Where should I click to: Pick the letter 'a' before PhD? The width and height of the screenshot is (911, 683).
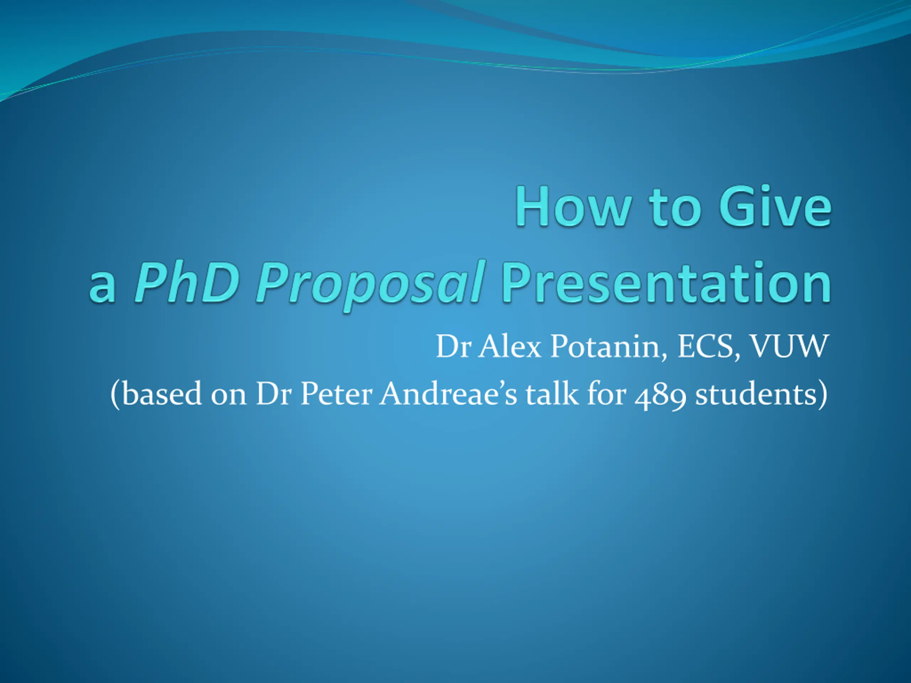point(102,287)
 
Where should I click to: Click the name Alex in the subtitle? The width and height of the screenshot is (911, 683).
point(510,346)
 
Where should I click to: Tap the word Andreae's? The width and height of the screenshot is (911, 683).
point(448,393)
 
